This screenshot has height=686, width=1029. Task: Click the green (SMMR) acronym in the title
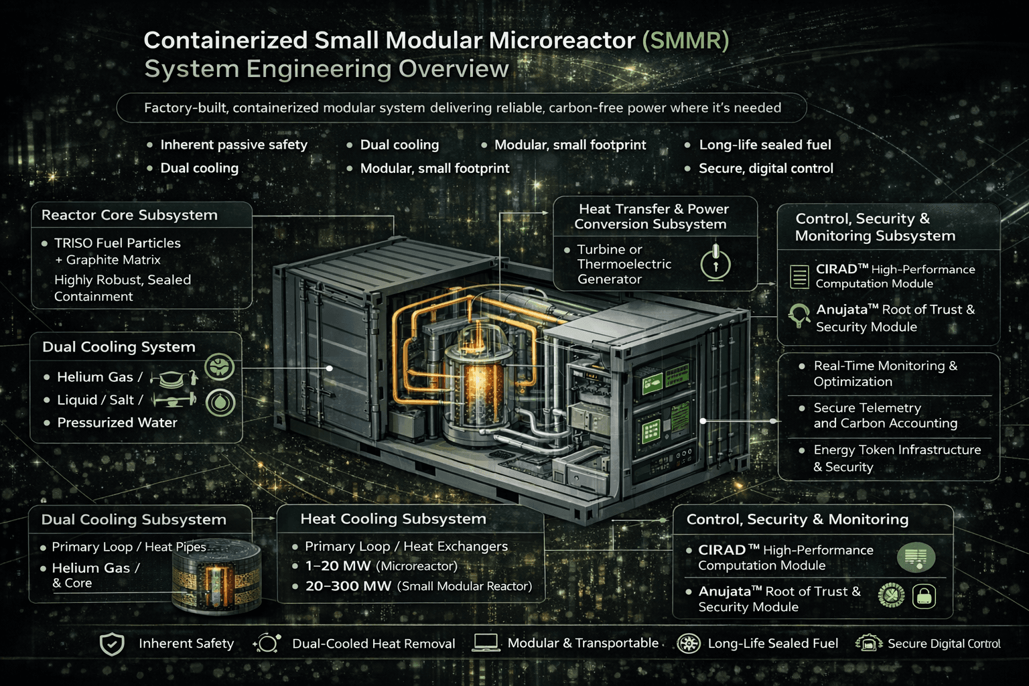pos(685,40)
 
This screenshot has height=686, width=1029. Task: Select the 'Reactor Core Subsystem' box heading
pos(129,215)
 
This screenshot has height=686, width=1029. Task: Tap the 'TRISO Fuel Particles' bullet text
pos(117,243)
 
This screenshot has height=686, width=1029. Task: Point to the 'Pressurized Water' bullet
pos(117,423)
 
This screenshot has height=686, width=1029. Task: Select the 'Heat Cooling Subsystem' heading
pos(393,519)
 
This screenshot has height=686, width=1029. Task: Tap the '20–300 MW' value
pos(348,586)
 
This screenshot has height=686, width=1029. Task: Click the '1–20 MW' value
pos(338,566)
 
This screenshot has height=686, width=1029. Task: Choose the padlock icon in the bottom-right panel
pos(924,596)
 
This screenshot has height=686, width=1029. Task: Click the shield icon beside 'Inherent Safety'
pos(112,644)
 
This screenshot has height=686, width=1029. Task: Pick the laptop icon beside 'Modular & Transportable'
pos(485,643)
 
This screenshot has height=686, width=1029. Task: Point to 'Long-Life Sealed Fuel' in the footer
pos(772,644)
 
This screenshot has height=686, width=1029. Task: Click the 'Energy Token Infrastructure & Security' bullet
pos(896,458)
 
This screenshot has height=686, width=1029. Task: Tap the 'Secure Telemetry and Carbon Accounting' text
pos(884,415)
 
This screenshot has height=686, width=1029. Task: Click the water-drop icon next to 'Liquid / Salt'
pos(220,402)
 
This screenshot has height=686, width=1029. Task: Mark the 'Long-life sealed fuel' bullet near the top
pos(764,145)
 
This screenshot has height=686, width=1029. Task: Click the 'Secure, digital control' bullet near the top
pos(766,169)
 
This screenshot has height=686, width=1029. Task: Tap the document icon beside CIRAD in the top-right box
pos(799,276)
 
